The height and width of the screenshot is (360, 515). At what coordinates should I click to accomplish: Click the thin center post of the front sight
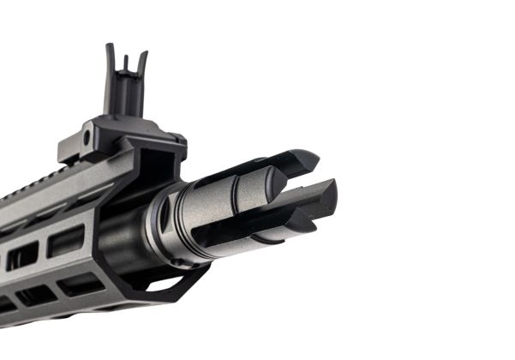(x=125, y=63)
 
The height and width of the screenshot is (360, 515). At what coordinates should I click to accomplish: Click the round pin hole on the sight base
(x=87, y=138)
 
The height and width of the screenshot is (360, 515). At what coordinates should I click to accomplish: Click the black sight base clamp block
(x=120, y=137)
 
